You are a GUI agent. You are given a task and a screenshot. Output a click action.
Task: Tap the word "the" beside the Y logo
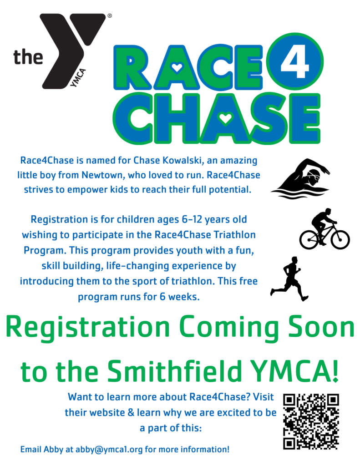(x=28, y=57)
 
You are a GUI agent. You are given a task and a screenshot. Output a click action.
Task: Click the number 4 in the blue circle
(x=294, y=61)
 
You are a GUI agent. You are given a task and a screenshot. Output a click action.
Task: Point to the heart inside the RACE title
(x=177, y=68)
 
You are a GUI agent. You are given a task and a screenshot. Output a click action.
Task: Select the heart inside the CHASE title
(x=225, y=119)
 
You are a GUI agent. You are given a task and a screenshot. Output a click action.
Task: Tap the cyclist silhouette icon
(x=325, y=229)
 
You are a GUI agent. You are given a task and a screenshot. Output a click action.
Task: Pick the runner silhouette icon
(x=289, y=279)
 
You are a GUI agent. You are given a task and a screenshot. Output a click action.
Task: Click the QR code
(x=311, y=421)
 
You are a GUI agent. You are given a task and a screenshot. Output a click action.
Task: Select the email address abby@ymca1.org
(x=109, y=449)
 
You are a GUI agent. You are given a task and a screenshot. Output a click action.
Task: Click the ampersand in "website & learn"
(x=131, y=412)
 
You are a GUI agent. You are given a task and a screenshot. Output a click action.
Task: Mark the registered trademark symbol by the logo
(x=110, y=16)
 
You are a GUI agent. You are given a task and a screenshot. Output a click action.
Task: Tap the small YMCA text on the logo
(x=78, y=78)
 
